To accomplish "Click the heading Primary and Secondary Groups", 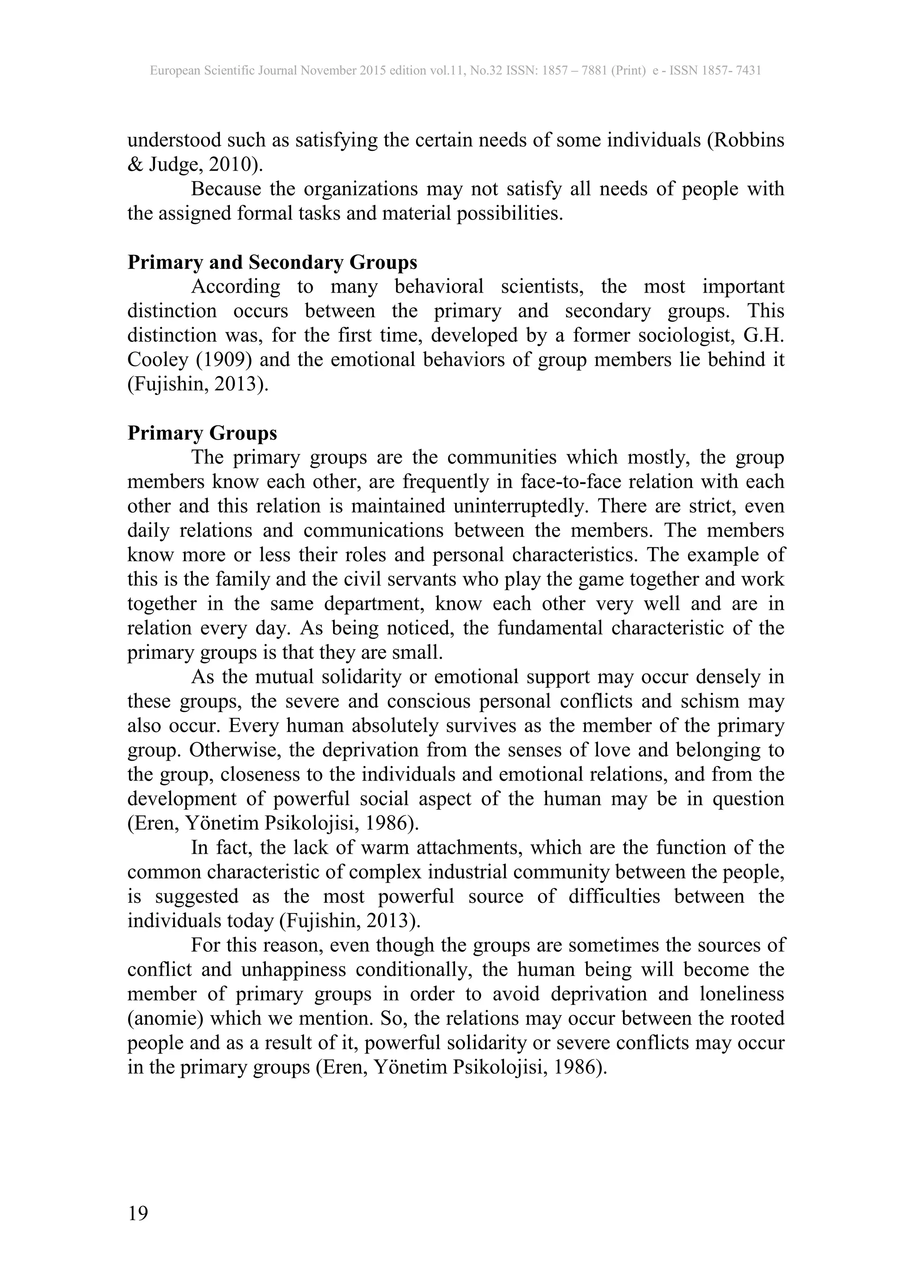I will [x=273, y=262].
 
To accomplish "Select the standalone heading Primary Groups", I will [x=202, y=433].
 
